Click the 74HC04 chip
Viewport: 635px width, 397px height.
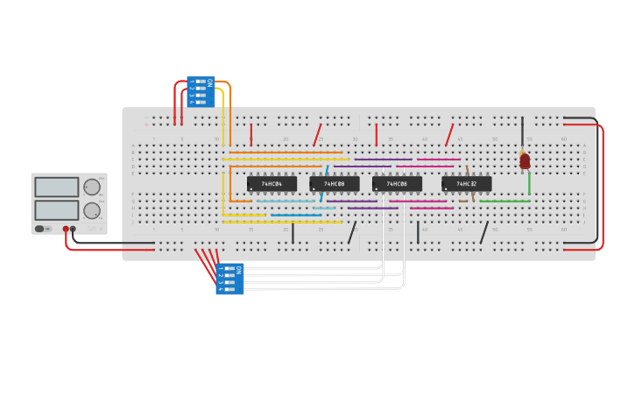(x=272, y=184)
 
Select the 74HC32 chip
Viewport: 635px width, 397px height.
(x=467, y=184)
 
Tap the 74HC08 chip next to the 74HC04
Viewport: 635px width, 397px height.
(x=334, y=184)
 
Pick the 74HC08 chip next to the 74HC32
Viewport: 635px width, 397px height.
(x=397, y=184)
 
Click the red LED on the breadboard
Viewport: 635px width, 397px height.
(x=525, y=160)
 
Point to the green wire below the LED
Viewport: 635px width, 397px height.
(x=529, y=183)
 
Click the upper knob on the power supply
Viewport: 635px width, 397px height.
(x=91, y=187)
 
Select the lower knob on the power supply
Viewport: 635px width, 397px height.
(x=91, y=210)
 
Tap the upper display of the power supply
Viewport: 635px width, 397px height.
(x=57, y=187)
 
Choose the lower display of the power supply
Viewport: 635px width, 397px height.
(x=57, y=210)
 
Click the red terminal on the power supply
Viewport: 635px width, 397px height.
(x=65, y=229)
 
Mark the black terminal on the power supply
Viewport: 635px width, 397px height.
(x=73, y=229)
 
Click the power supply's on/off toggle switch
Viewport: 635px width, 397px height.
(x=39, y=229)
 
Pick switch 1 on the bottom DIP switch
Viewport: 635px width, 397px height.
(x=229, y=269)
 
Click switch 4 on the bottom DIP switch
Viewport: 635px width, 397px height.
(x=229, y=288)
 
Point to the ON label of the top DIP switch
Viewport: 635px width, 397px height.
(x=209, y=82)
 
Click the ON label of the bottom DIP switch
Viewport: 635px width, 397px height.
(x=238, y=271)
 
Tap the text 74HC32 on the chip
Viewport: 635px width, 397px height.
(x=466, y=184)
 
